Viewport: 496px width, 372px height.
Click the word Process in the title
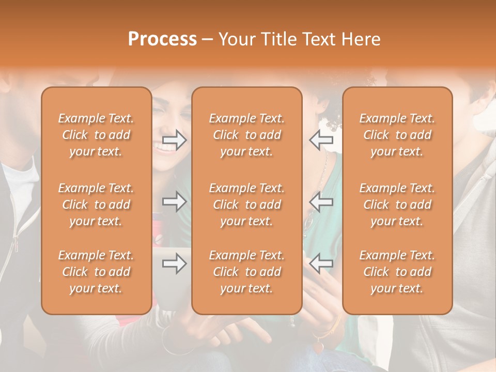pyautogui.click(x=162, y=39)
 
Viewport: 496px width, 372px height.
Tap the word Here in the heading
pyautogui.click(x=362, y=39)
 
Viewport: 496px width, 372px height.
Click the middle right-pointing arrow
pyautogui.click(x=175, y=202)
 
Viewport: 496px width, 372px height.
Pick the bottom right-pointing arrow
pyautogui.click(x=175, y=264)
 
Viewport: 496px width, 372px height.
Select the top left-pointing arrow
pyautogui.click(x=321, y=139)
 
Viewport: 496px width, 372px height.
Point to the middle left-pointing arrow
pyautogui.click(x=321, y=202)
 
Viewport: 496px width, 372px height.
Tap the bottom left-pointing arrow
pyautogui.click(x=321, y=264)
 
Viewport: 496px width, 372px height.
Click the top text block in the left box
pyautogui.click(x=96, y=135)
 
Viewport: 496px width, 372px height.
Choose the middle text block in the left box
pyautogui.click(x=96, y=205)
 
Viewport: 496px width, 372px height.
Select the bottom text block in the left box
pyautogui.click(x=96, y=272)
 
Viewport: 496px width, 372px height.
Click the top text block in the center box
pyautogui.click(x=246, y=135)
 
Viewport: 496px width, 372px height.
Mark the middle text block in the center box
pyautogui.click(x=246, y=205)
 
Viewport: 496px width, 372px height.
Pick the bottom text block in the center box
pyautogui.click(x=246, y=272)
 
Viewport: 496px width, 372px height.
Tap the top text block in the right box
pyautogui.click(x=397, y=135)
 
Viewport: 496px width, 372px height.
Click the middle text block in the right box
pyautogui.click(x=397, y=205)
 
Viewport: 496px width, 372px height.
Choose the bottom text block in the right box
pyautogui.click(x=397, y=272)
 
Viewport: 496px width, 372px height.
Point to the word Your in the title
pyautogui.click(x=236, y=39)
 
